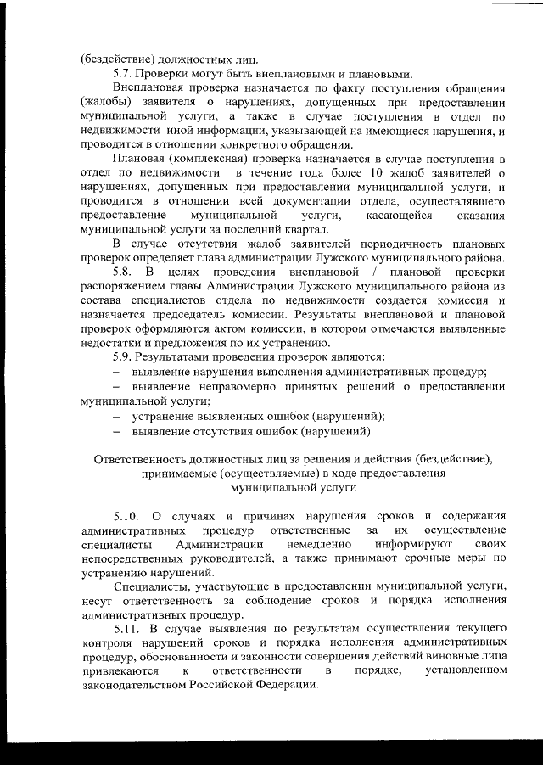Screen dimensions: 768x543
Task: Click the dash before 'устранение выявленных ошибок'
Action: coord(117,416)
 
